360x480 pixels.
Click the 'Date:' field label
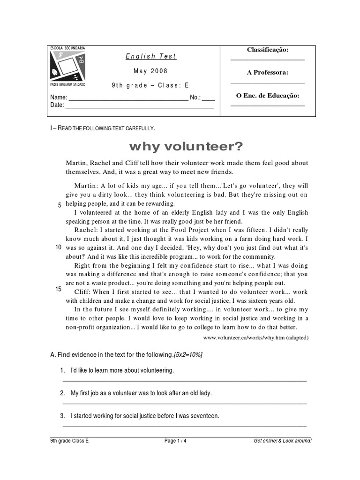tap(57, 105)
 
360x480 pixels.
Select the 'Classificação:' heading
tap(268, 50)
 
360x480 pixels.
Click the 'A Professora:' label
tap(268, 73)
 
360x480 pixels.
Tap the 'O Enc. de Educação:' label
tap(268, 96)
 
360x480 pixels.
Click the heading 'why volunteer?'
tap(186, 147)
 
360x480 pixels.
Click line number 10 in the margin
tap(59, 247)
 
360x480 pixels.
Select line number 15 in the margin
tap(59, 289)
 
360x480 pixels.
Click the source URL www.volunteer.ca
tap(256, 337)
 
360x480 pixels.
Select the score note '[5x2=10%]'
tap(188, 355)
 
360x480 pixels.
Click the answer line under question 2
tap(185, 403)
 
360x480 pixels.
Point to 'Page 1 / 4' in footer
tap(178, 441)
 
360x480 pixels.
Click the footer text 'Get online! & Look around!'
tap(282, 441)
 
